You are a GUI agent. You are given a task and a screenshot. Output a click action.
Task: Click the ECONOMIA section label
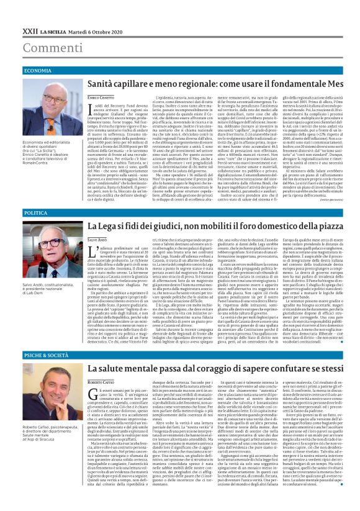pyautogui.click(x=38, y=71)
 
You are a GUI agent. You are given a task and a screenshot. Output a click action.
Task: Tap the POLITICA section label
pyautogui.click(x=36, y=213)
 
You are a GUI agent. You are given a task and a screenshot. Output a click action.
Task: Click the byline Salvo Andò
pyautogui.click(x=97, y=239)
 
